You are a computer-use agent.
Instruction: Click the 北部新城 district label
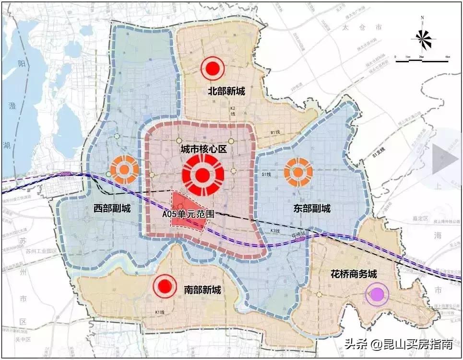pyautogui.click(x=226, y=91)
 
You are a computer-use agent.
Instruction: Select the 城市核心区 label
pyautogui.click(x=203, y=150)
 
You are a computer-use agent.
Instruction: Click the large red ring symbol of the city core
pyautogui.click(x=202, y=175)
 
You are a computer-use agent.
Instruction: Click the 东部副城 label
pyautogui.click(x=312, y=209)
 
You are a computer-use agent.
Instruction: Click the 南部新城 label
pyautogui.click(x=202, y=290)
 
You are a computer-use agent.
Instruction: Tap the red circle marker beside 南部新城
pyautogui.click(x=165, y=287)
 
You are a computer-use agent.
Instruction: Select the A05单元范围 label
pyautogui.click(x=188, y=214)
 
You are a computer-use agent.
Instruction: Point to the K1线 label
pyautogui.click(x=160, y=313)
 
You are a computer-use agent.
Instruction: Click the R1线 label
pyautogui.click(x=275, y=132)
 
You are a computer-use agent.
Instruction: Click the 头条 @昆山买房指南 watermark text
pyautogui.click(x=398, y=344)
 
